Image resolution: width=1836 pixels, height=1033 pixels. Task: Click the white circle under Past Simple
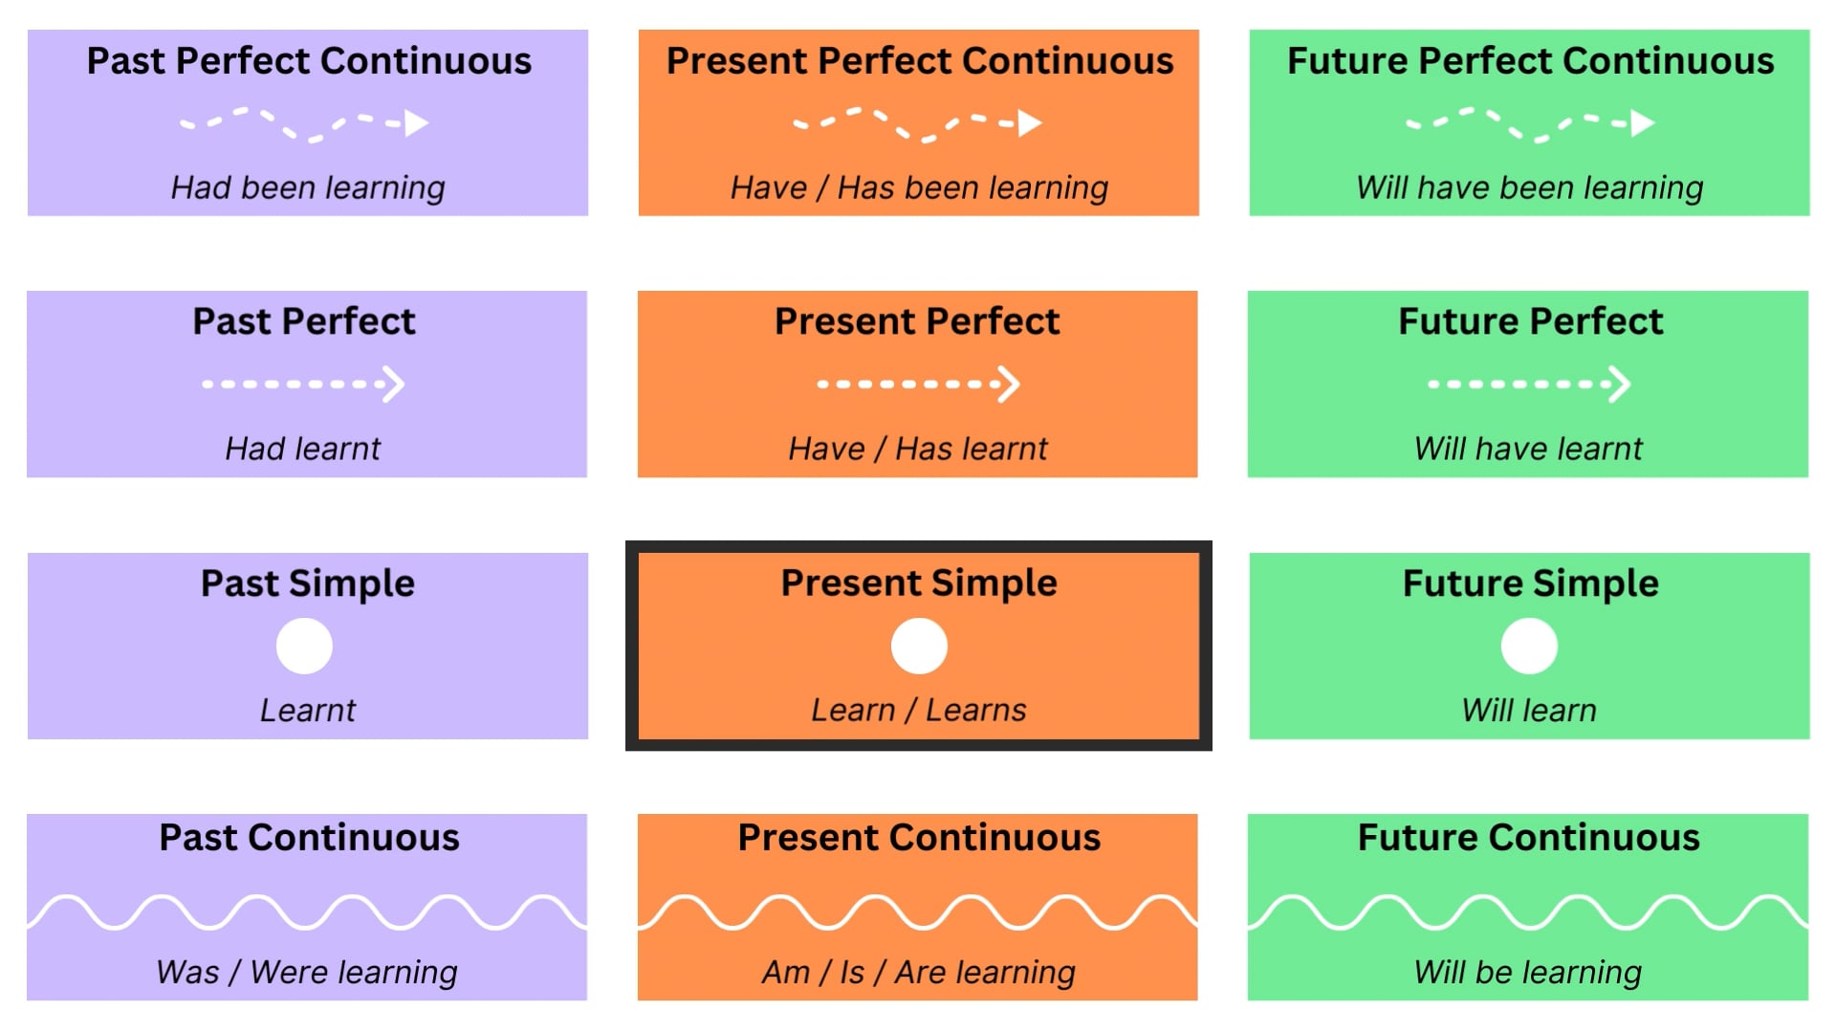click(304, 647)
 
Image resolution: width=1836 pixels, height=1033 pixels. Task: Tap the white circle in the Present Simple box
click(919, 647)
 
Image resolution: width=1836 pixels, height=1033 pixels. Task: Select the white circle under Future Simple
click(1529, 647)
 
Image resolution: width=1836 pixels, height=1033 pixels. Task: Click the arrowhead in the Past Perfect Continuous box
click(416, 123)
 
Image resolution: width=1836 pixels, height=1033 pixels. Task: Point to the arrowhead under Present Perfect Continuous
click(1029, 123)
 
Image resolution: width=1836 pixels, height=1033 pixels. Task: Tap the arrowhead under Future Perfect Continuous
click(1642, 123)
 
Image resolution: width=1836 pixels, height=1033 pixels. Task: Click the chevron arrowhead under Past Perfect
click(394, 385)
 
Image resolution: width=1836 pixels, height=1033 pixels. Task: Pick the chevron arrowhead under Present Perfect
click(1009, 385)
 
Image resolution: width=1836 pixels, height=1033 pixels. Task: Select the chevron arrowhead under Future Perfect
click(1619, 385)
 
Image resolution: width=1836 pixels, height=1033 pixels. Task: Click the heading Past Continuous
click(309, 838)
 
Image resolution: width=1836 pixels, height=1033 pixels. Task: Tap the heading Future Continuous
click(1528, 838)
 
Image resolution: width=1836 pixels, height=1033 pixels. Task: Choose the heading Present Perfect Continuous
click(919, 61)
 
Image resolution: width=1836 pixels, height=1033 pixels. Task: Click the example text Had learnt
click(302, 449)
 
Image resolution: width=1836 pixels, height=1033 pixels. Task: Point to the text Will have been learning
click(1529, 187)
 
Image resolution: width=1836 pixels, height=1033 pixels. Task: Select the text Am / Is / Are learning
click(918, 973)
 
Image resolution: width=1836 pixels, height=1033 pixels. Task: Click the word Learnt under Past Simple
click(307, 711)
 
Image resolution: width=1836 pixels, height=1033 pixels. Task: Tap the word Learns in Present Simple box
click(975, 711)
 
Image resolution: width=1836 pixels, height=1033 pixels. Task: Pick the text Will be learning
click(1527, 973)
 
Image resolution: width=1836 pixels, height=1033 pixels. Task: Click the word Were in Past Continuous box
click(289, 973)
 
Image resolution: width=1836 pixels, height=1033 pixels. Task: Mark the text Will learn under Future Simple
click(1528, 711)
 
